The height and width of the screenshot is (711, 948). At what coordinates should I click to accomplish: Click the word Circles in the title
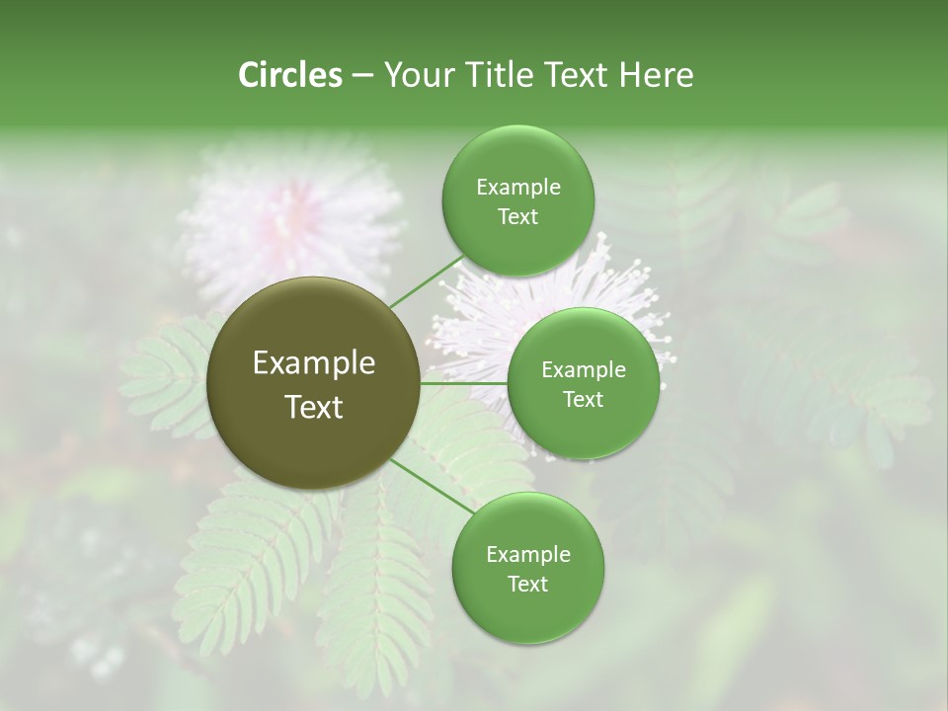point(289,75)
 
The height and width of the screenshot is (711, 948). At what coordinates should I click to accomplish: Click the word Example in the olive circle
point(313,363)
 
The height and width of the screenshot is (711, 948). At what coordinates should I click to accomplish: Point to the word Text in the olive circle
point(313,407)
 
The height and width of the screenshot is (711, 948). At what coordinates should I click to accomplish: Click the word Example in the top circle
point(517,188)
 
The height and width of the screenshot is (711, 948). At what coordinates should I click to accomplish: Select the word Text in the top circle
point(517,217)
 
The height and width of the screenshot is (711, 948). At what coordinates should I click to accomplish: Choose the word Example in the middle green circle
point(583,370)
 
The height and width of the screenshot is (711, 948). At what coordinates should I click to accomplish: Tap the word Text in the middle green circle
point(583,400)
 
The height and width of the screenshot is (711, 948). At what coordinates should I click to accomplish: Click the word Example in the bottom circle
point(527,555)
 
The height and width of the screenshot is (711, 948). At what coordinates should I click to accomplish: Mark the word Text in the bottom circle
point(527,585)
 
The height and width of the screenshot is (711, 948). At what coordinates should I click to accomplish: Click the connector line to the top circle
point(426,281)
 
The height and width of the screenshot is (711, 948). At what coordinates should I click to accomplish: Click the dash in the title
point(362,75)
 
